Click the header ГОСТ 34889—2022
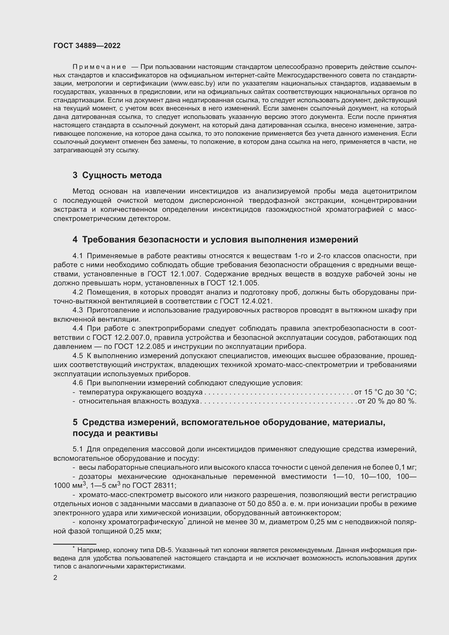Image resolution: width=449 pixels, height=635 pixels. pyautogui.click(x=87, y=46)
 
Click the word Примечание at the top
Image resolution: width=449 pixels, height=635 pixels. pyautogui.click(x=99, y=67)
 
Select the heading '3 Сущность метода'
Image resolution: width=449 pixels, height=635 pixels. pyautogui.click(x=117, y=175)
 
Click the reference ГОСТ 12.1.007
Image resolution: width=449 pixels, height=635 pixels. pyautogui.click(x=174, y=274)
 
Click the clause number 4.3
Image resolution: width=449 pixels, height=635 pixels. pyautogui.click(x=78, y=310)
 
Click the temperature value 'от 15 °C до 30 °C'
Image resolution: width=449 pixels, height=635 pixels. pyautogui.click(x=385, y=392)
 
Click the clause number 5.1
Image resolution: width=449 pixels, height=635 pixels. pyautogui.click(x=78, y=449)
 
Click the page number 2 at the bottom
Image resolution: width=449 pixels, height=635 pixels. pyautogui.click(x=55, y=577)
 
